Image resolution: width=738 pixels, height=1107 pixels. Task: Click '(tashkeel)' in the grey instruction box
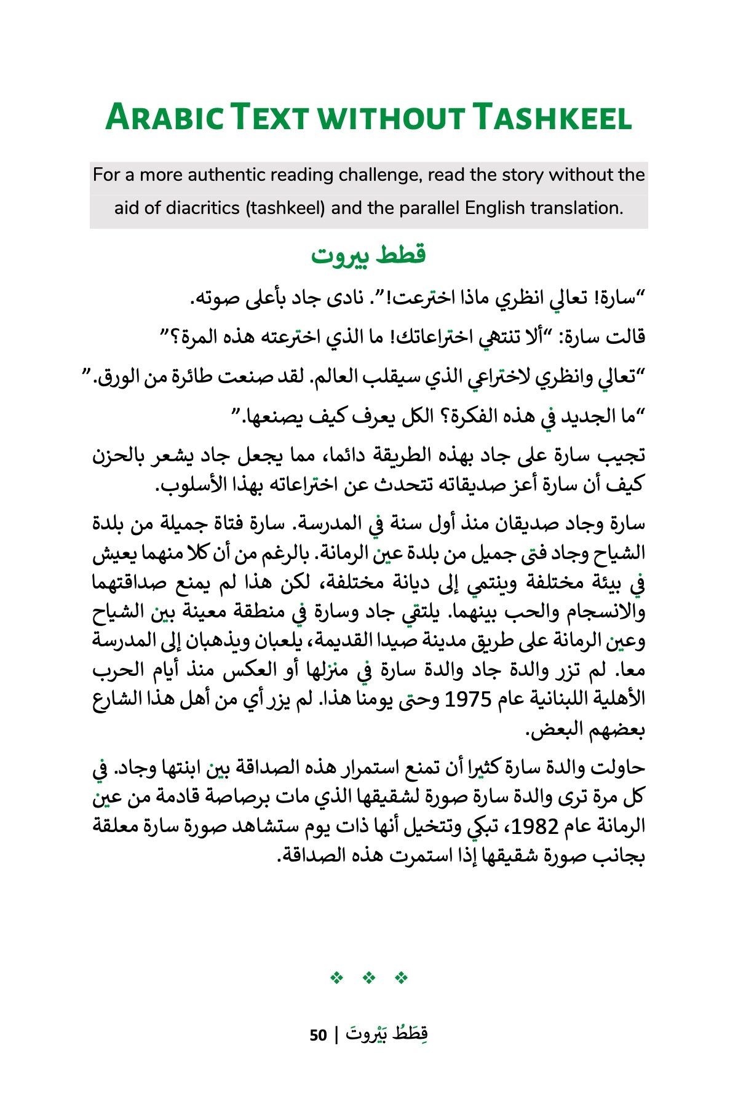click(x=285, y=208)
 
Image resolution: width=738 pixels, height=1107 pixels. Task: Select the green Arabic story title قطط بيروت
click(x=368, y=255)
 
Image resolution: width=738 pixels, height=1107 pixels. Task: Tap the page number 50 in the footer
click(x=318, y=1035)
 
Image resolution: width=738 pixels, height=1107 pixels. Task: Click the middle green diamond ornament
click(x=369, y=977)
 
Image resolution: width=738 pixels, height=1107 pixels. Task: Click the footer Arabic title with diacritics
click(x=387, y=1034)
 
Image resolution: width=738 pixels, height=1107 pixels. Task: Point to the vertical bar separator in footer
click(x=336, y=1035)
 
